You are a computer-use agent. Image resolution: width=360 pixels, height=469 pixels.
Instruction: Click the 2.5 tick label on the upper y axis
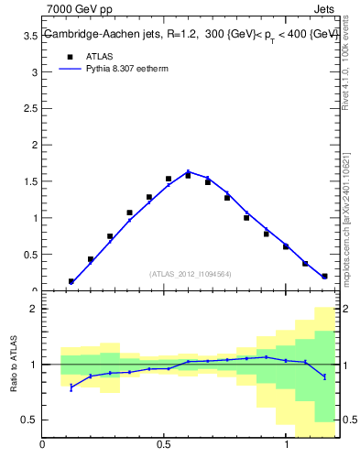pos(30,109)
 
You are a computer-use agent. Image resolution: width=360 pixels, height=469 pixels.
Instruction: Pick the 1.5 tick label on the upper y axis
pos(30,181)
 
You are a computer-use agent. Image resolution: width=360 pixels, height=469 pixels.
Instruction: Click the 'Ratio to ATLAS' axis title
pos(15,365)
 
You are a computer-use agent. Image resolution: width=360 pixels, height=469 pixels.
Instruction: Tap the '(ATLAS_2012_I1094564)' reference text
pos(190,273)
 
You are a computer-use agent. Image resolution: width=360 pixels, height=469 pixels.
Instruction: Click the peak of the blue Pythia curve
pos(188,171)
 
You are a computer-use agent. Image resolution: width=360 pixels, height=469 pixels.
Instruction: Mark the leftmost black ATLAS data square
pos(71,281)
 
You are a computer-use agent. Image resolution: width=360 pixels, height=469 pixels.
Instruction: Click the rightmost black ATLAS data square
pos(324,276)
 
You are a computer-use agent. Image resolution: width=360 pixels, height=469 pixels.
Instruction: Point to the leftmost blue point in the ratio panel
pos(71,387)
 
